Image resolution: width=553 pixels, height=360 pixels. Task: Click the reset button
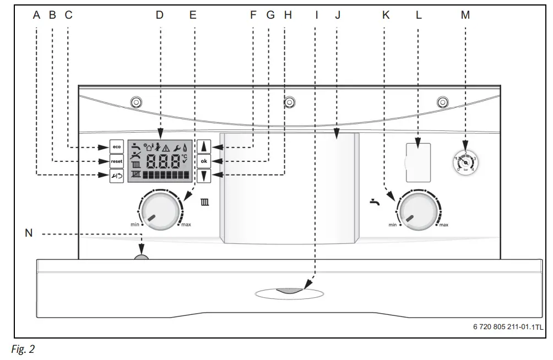(116, 161)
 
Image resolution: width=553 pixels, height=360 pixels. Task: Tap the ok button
(204, 161)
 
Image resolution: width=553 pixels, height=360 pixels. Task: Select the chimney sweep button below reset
(116, 176)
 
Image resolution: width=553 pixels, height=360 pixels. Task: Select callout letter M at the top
(465, 15)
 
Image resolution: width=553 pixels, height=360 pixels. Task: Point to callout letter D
(159, 15)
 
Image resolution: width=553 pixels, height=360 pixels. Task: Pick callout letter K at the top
(386, 15)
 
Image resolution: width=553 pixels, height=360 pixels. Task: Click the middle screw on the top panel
(288, 103)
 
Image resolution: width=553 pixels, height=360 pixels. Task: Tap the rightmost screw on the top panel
(442, 103)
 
